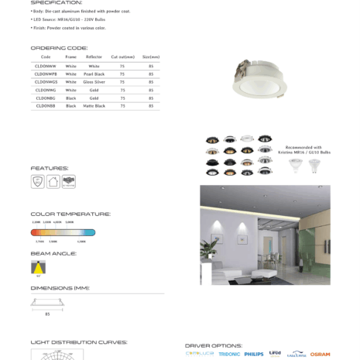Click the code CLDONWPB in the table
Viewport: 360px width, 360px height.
(46, 74)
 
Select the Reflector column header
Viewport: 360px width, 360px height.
(94, 57)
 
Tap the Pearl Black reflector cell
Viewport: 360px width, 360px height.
(94, 74)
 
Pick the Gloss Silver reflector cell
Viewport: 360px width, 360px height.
(94, 81)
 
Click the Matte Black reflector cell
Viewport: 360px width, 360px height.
(94, 105)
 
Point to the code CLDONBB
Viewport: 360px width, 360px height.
(46, 105)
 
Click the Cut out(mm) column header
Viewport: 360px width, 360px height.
(122, 57)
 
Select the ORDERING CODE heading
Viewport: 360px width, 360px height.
(59, 48)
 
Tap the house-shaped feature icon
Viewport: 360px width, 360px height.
(53, 181)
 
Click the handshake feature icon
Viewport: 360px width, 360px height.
(69, 181)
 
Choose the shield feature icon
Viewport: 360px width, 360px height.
(37, 181)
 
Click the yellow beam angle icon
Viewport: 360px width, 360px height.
(38, 267)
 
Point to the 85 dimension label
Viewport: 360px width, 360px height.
(47, 314)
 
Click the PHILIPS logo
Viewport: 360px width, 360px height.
(254, 354)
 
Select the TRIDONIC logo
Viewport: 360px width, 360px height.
(229, 354)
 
